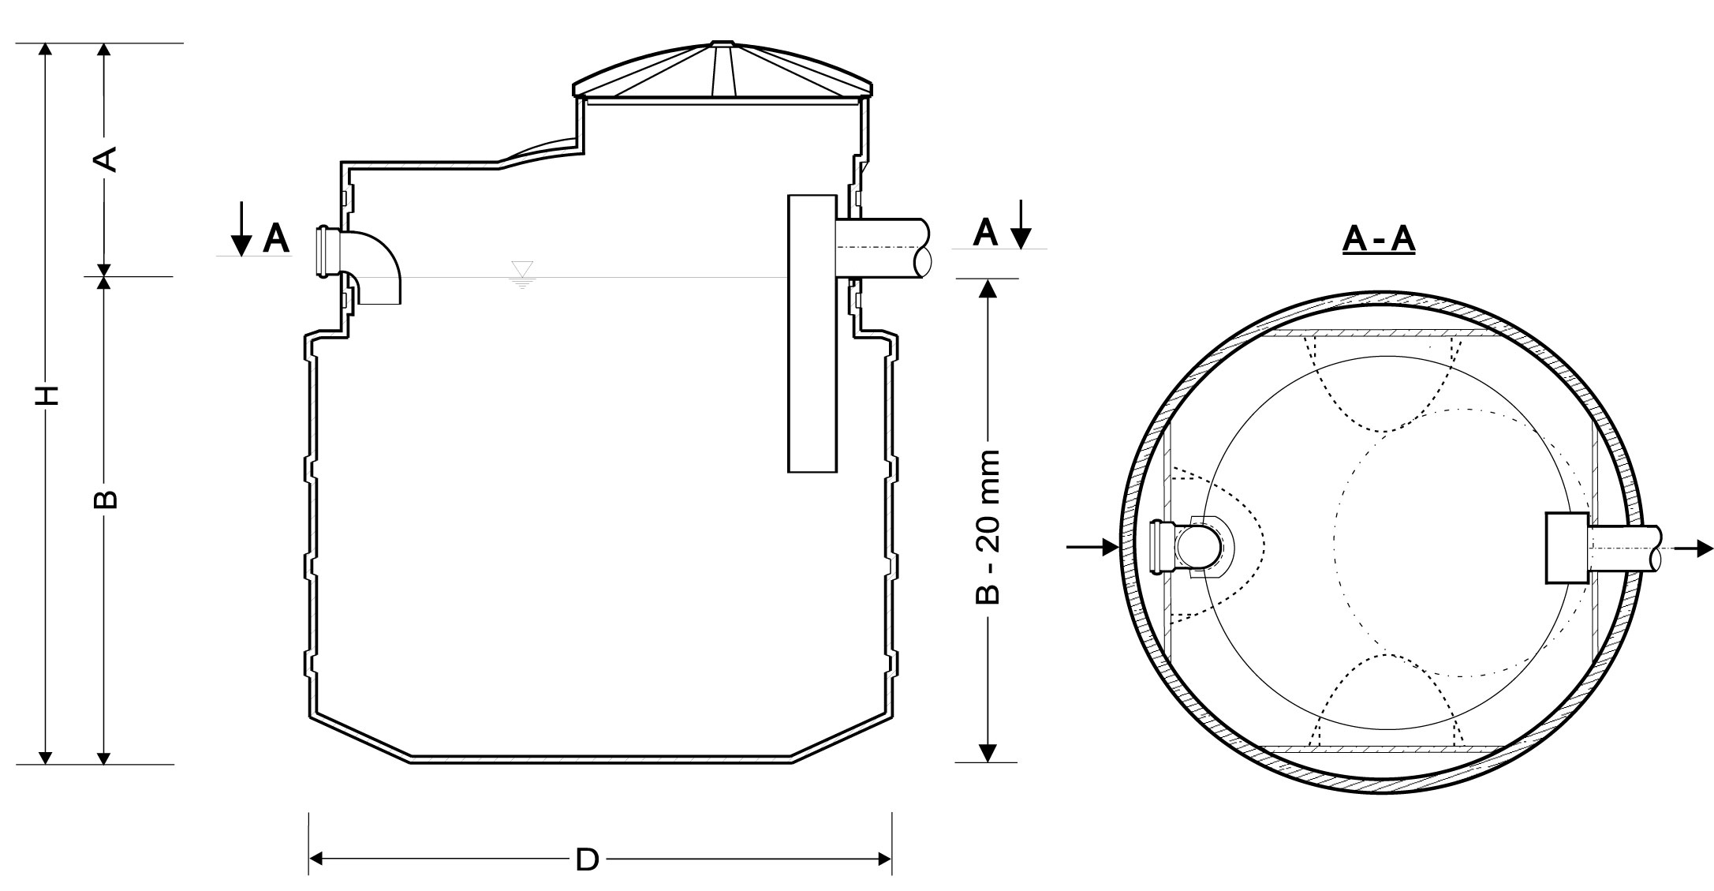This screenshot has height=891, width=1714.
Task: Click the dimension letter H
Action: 48,395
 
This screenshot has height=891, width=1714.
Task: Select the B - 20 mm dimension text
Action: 987,527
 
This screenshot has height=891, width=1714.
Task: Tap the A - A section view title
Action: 1378,241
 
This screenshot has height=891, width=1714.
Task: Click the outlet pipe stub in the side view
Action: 883,248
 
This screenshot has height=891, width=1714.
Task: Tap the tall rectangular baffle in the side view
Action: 812,334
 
